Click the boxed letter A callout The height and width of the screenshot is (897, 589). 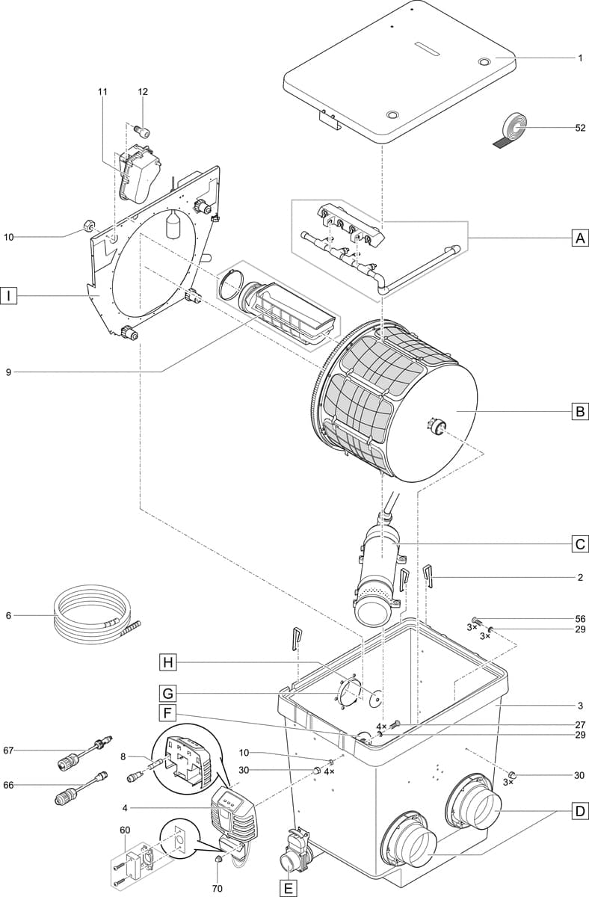click(579, 238)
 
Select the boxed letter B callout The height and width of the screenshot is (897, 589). click(579, 411)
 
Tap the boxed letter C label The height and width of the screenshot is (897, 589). click(579, 544)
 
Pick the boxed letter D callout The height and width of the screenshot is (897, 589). click(579, 810)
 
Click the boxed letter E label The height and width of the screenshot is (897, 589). click(287, 888)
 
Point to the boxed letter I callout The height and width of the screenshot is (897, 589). click(9, 296)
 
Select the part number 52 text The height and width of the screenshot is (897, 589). click(580, 128)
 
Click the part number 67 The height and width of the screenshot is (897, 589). click(9, 750)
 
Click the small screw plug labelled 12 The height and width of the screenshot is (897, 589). click(141, 132)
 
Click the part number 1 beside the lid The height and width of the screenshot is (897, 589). click(580, 58)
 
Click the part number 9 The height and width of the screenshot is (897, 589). click(9, 372)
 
